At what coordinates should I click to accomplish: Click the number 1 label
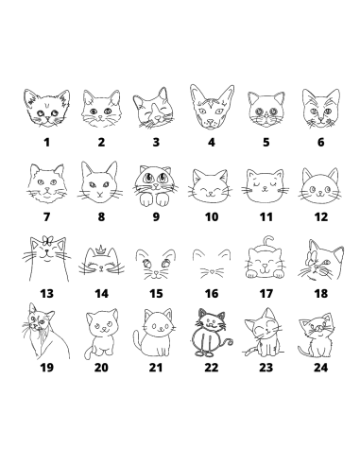[x=46, y=143]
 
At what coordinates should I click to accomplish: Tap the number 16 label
[x=212, y=294]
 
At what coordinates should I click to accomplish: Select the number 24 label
[x=320, y=368]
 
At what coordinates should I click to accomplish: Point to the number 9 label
[x=156, y=216]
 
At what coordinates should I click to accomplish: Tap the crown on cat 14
[x=101, y=250]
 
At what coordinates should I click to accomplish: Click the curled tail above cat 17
[x=267, y=241]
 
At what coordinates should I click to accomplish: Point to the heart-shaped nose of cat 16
[x=212, y=270]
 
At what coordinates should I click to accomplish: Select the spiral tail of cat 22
[x=228, y=342]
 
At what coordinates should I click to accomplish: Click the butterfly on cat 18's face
[x=310, y=257]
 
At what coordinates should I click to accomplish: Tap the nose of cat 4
[x=210, y=121]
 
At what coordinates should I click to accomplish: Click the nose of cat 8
[x=100, y=194]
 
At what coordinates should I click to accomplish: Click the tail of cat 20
[x=88, y=353]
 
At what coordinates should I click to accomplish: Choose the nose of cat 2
[x=99, y=117]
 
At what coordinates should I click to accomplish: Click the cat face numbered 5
[x=266, y=110]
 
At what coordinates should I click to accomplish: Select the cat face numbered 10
[x=210, y=186]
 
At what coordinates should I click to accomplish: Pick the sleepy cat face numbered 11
[x=266, y=186]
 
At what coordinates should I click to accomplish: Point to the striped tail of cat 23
[x=249, y=351]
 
